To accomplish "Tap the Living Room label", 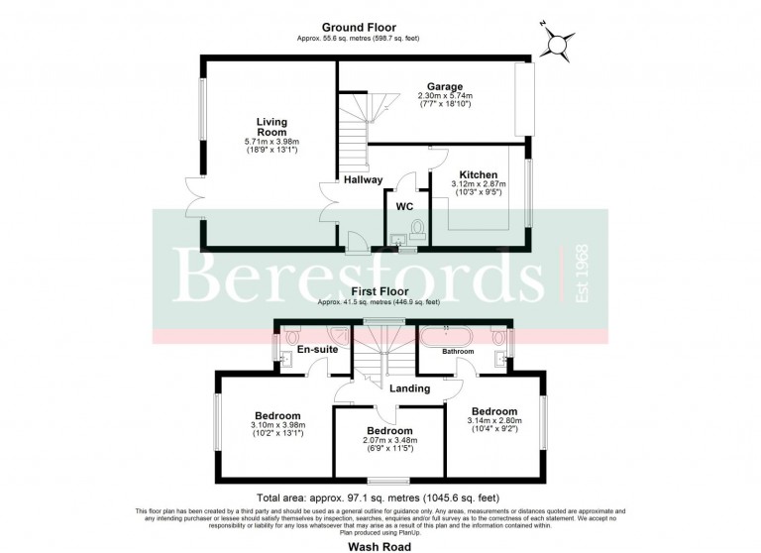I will (x=271, y=127).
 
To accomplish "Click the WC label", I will (x=404, y=206).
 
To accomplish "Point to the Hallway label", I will (x=364, y=179).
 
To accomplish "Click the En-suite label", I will (x=305, y=349).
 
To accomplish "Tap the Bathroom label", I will (x=458, y=351).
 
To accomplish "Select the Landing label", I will (x=409, y=388).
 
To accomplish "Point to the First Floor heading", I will (x=380, y=291).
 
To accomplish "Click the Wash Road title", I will (x=380, y=543).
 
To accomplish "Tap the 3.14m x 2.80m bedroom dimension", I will (x=493, y=421).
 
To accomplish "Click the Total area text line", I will (x=380, y=499).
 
